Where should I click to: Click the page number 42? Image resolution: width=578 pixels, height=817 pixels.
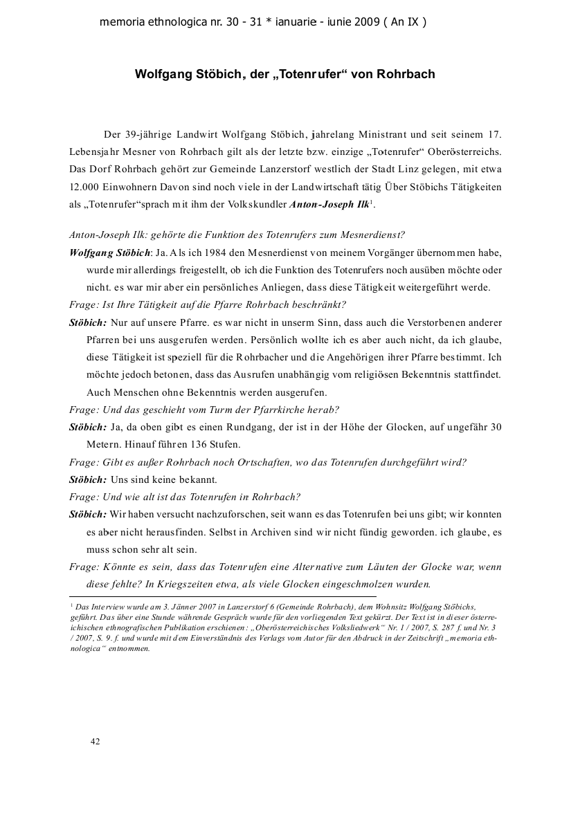click(x=96, y=741)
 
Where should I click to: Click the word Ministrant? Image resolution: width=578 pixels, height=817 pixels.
click(x=378, y=134)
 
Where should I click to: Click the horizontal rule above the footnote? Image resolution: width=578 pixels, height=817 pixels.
click(x=223, y=596)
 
